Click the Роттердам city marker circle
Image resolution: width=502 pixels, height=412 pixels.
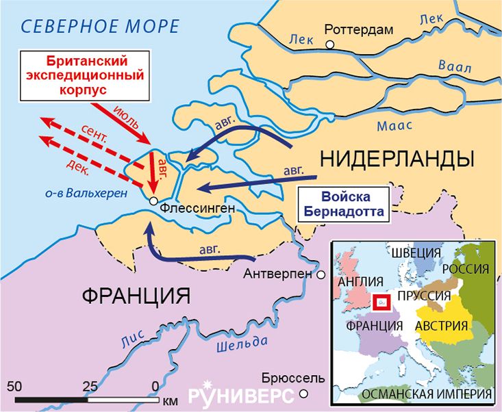[330, 44]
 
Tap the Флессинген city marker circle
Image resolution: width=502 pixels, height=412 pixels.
[154, 203]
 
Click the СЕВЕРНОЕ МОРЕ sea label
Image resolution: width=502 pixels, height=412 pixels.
[100, 27]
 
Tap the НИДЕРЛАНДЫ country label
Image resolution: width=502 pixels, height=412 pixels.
[397, 159]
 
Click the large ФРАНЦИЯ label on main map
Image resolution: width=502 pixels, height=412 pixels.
[136, 296]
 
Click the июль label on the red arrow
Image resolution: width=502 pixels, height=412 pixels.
[127, 117]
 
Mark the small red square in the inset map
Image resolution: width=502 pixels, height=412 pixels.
[381, 300]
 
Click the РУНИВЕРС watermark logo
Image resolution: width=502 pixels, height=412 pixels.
[240, 395]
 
